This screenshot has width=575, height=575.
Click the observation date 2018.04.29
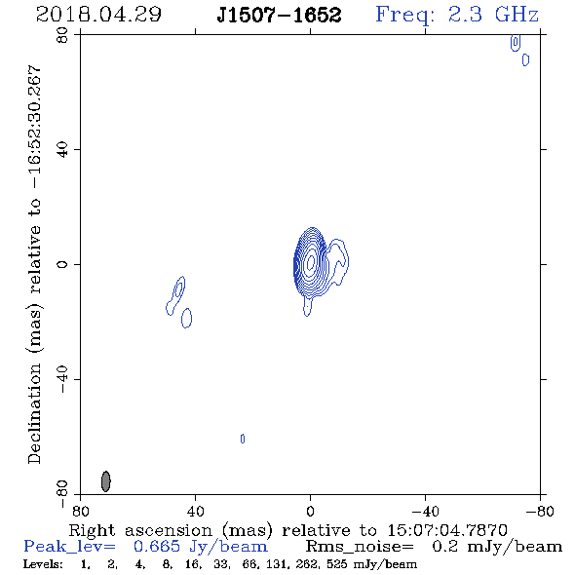coord(98,15)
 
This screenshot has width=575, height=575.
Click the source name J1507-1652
coord(279,15)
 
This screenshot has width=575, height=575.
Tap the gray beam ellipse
coord(105,481)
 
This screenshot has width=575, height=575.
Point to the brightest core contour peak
coord(311,262)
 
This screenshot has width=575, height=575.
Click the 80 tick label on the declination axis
coord(62,35)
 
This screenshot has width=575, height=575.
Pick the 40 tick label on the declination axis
coord(62,150)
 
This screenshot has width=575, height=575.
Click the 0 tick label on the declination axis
coord(62,264)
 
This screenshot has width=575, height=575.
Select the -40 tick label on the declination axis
coord(62,379)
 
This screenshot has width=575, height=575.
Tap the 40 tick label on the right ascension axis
coord(195,512)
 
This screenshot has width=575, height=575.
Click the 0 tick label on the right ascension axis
coord(310,512)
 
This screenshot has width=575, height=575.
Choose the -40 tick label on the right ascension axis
coord(425,512)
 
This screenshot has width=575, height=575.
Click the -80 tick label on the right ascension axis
coord(540,512)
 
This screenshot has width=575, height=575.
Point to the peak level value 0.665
coord(157,547)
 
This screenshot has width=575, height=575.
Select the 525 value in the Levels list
coord(339,563)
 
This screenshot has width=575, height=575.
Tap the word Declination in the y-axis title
coord(34,413)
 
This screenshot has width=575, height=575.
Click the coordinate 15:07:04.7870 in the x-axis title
coord(447,530)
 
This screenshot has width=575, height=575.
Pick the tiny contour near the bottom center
coord(243,439)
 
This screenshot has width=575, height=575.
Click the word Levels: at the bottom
coord(43,563)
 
